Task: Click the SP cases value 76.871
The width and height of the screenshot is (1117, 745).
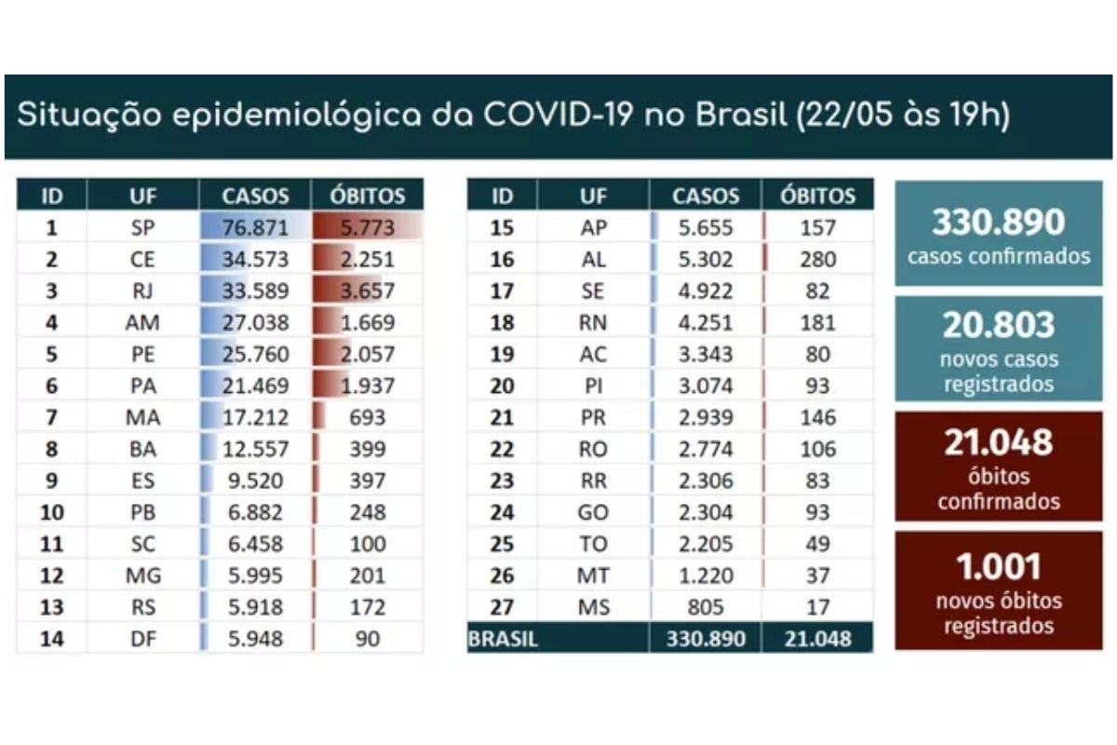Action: [255, 227]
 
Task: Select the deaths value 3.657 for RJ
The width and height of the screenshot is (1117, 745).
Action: [368, 291]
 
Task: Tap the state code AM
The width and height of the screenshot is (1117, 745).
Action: [142, 322]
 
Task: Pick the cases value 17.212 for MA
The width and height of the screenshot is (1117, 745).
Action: [255, 417]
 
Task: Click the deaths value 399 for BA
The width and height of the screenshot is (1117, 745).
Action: [368, 449]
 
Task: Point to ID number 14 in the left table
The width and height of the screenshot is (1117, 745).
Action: [52, 639]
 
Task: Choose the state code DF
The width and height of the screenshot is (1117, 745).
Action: [142, 639]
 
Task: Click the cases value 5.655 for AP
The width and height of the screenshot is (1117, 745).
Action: [706, 227]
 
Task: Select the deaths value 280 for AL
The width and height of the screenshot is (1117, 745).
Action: [817, 259]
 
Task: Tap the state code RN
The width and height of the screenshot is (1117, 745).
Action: [593, 322]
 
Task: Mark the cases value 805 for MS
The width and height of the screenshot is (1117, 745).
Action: [706, 607]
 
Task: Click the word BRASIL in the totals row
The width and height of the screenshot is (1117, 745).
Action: [503, 640]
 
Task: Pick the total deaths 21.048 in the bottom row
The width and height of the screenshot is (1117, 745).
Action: [817, 640]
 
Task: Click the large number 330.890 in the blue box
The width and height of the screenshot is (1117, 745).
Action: [998, 222]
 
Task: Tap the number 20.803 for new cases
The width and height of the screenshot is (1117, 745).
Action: [998, 325]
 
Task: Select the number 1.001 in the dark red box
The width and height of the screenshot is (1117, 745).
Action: [998, 566]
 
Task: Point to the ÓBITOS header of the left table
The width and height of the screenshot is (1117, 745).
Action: [368, 196]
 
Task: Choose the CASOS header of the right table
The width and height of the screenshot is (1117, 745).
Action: [706, 196]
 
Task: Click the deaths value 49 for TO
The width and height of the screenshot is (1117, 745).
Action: [817, 544]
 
